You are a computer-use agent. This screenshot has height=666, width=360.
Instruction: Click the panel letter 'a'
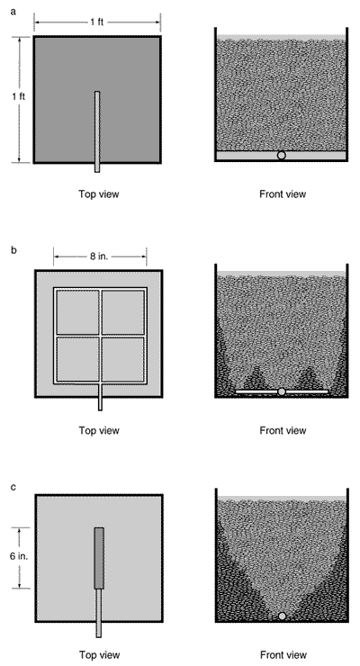click(x=13, y=12)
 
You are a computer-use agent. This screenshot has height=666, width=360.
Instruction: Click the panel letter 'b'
click(x=13, y=250)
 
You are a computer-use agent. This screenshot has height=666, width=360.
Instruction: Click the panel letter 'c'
click(x=13, y=487)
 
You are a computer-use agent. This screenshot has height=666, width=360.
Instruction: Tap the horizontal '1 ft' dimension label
click(x=97, y=22)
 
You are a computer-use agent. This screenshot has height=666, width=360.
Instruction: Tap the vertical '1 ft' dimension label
click(x=18, y=96)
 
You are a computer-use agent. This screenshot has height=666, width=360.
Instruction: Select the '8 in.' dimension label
click(x=99, y=256)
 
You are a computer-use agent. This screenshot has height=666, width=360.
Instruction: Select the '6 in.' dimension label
click(x=19, y=555)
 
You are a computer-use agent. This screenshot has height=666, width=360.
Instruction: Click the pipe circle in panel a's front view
click(x=281, y=156)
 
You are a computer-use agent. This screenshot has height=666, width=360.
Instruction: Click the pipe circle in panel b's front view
click(x=282, y=391)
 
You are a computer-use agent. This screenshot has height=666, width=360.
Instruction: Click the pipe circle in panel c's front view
click(x=282, y=616)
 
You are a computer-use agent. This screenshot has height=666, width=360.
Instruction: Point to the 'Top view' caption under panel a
click(x=98, y=194)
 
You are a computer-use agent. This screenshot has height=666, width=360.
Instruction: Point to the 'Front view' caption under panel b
click(x=283, y=430)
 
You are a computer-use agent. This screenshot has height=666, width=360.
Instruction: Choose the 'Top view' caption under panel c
click(x=99, y=654)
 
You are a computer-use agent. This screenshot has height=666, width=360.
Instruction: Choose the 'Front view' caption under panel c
click(x=283, y=654)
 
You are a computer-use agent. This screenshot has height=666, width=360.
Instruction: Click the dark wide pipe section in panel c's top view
click(x=99, y=558)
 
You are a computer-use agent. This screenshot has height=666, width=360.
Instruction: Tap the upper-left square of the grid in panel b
click(x=77, y=312)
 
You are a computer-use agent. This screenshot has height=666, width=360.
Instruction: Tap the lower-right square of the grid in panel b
click(x=123, y=359)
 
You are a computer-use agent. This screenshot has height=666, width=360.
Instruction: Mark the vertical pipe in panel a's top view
click(x=97, y=131)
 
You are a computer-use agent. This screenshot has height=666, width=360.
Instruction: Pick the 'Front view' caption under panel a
click(x=283, y=194)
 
